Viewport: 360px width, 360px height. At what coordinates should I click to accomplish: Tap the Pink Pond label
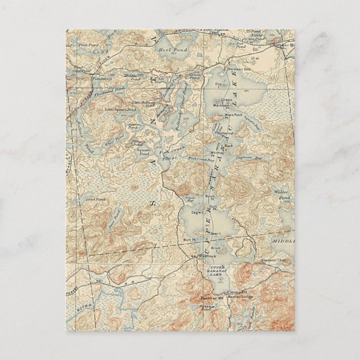click(x=88, y=45)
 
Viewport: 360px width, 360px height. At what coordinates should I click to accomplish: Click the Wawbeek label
click(x=200, y=257)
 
